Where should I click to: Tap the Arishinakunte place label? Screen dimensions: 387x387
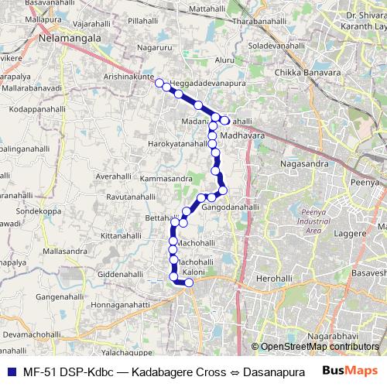pos(128,77)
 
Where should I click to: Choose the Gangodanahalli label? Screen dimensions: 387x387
pos(230,207)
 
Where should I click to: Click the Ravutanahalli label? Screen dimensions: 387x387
pos(135,197)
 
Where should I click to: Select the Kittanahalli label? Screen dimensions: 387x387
pos(123,235)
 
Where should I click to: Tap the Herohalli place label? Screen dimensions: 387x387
pos(276,277)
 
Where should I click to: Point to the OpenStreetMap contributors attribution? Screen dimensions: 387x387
pos(320,346)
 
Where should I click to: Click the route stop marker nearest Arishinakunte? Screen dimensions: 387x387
pos(159,83)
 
